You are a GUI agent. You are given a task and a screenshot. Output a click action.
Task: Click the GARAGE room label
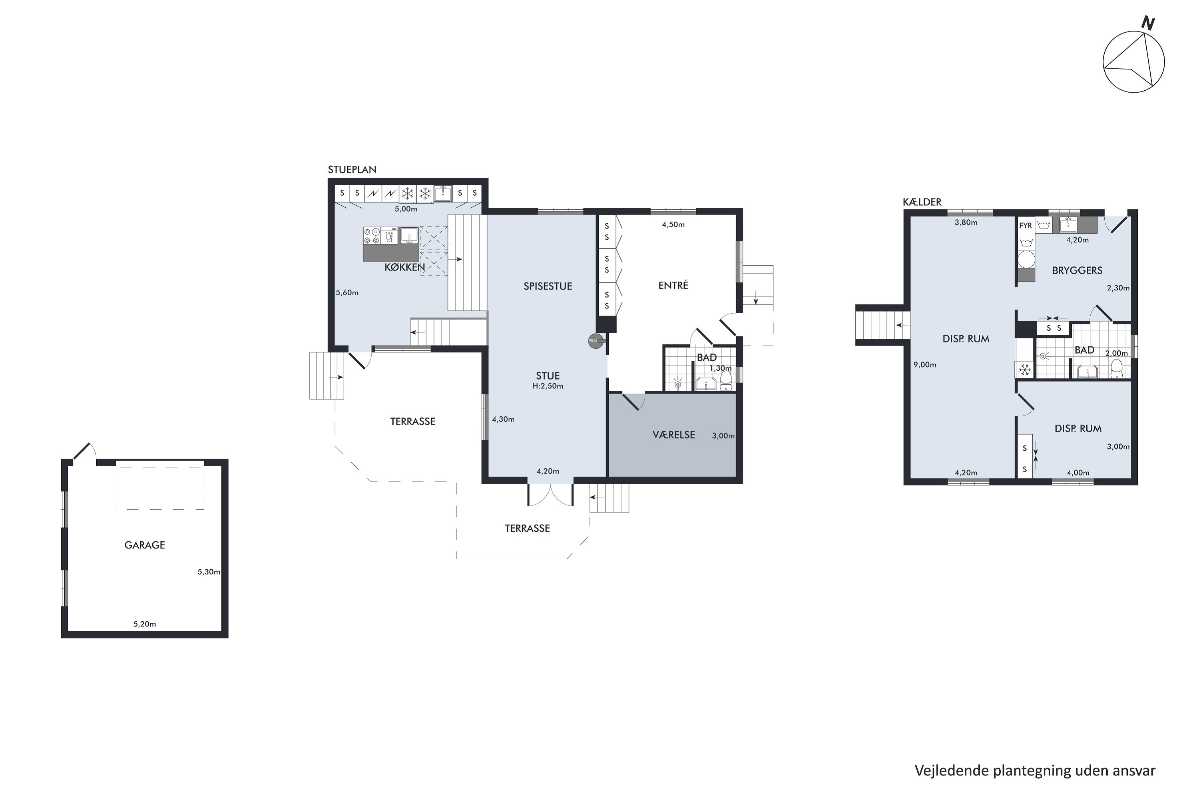[145, 545]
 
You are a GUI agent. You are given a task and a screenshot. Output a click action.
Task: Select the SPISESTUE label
[548, 286]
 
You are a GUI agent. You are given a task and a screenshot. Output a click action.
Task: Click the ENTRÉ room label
[673, 285]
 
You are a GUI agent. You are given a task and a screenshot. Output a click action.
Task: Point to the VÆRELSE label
[674, 435]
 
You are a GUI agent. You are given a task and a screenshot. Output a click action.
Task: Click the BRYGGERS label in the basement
[1077, 270]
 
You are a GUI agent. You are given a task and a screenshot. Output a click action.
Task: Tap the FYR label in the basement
[1026, 225]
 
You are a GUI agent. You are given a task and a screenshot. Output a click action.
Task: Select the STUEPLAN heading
[352, 170]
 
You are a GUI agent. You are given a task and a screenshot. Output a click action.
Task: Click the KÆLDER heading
[922, 202]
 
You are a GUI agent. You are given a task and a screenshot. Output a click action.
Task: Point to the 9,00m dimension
[925, 365]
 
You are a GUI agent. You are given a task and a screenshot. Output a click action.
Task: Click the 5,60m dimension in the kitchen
[347, 292]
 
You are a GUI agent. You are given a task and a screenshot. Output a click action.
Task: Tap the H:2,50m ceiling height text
[548, 386]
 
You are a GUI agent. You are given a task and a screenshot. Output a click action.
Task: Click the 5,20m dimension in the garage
[145, 624]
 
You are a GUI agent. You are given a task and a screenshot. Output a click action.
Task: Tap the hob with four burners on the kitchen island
[372, 235]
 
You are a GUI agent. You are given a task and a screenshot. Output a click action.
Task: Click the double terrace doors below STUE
[551, 494]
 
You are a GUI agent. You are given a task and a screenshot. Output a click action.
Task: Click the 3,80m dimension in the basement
[966, 222]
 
